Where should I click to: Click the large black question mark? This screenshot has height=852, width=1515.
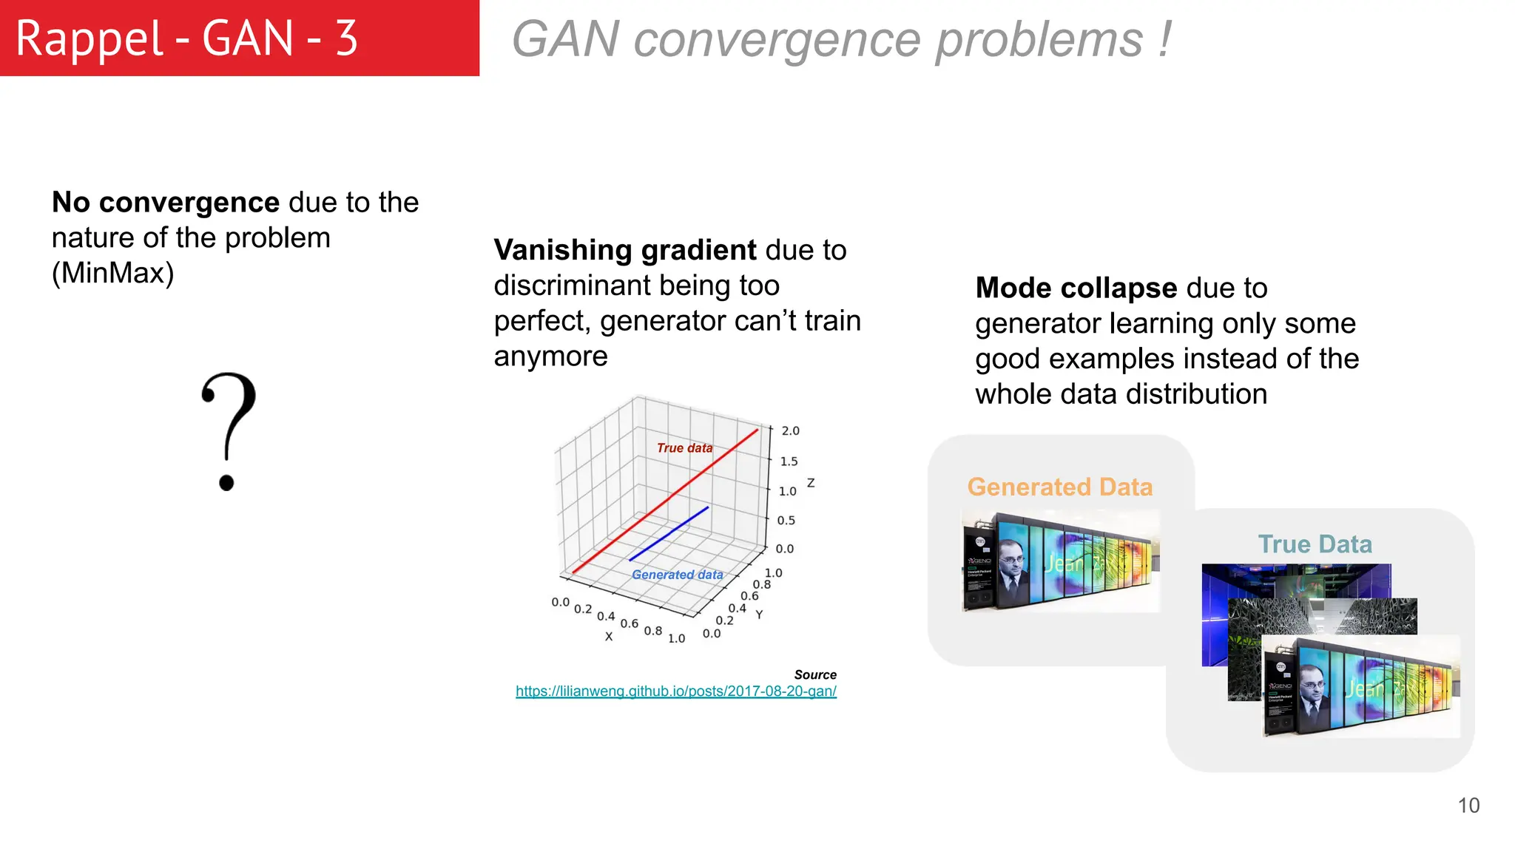click(x=229, y=430)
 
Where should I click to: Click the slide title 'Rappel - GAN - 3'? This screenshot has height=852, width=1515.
click(x=186, y=38)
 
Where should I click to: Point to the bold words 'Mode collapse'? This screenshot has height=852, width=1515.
click(x=1076, y=288)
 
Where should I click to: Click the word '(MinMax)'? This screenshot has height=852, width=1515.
click(x=113, y=273)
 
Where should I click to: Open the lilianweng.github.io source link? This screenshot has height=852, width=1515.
click(x=675, y=691)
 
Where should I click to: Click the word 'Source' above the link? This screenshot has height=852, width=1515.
click(x=814, y=674)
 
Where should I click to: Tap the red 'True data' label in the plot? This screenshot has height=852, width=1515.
click(x=684, y=448)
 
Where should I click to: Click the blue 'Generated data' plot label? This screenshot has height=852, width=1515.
click(x=677, y=575)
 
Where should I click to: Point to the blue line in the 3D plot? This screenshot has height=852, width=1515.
click(x=669, y=532)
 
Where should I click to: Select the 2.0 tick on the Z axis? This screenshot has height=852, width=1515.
click(x=790, y=430)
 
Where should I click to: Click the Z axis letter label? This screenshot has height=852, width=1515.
click(x=811, y=483)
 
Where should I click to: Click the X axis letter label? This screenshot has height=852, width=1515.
click(x=609, y=636)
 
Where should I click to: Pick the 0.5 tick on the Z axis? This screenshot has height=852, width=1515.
click(x=786, y=520)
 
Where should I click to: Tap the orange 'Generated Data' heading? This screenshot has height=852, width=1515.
click(x=1059, y=487)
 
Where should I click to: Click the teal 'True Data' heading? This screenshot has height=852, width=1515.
click(x=1315, y=544)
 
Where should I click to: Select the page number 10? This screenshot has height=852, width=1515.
click(x=1468, y=805)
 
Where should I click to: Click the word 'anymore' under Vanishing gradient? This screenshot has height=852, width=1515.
click(x=550, y=356)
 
